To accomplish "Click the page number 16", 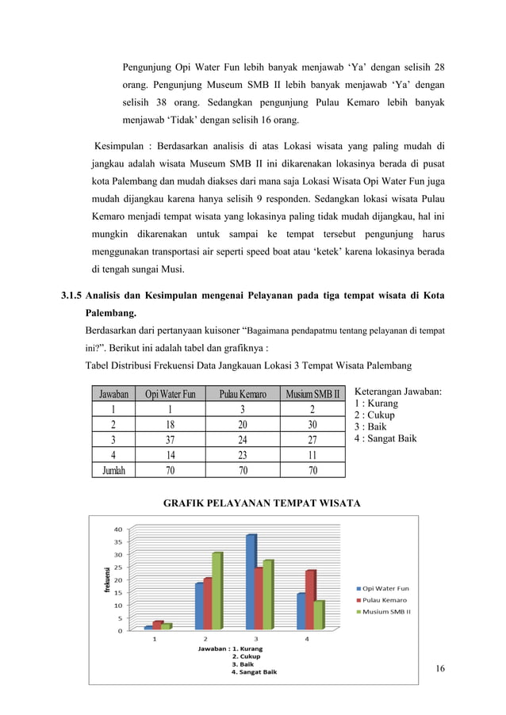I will click(440, 670).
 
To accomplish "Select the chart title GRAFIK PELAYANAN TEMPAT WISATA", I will click(262, 503).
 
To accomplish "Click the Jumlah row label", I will click(113, 469).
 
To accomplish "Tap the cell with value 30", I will click(312, 425).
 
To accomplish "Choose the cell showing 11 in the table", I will click(312, 454).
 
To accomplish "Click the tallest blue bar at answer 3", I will click(251, 583).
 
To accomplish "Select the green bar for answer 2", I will click(217, 591).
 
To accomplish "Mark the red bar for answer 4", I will click(310, 600).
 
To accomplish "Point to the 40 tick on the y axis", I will click(117, 530).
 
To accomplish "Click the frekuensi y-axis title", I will click(105, 579).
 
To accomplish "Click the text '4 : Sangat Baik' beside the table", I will click(385, 438).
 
